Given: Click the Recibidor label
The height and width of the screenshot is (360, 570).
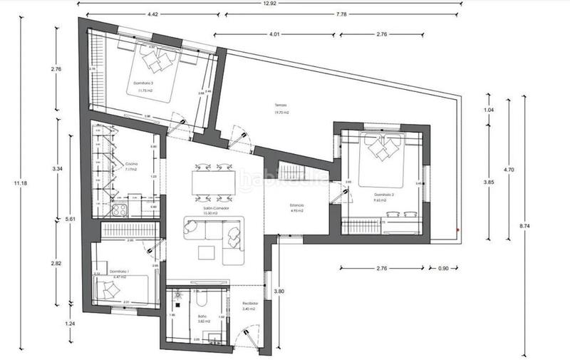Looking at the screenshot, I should coord(249,304).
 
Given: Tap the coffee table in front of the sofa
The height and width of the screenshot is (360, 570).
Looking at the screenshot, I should coord(207,252).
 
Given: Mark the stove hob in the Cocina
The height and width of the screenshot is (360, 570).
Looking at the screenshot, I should coord(120,210).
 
